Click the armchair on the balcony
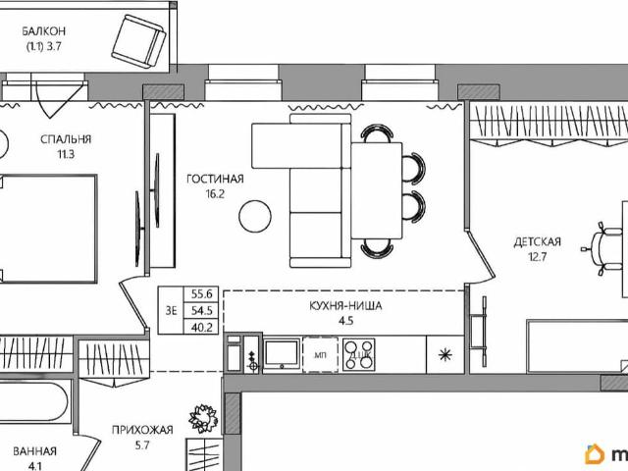138,42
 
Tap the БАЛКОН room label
43,31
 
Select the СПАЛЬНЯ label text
66,139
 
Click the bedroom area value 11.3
66,154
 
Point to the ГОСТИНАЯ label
215,179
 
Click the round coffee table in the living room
255,216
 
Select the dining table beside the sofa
377,190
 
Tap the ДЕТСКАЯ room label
537,242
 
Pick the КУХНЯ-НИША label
345,306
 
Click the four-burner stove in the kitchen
359,354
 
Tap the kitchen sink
282,353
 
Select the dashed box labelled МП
320,354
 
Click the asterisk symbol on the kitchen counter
445,354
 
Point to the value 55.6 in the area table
201,294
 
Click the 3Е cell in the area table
171,310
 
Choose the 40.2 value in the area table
201,328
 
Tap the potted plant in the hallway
204,419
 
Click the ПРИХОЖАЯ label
142,430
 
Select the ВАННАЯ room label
35,451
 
